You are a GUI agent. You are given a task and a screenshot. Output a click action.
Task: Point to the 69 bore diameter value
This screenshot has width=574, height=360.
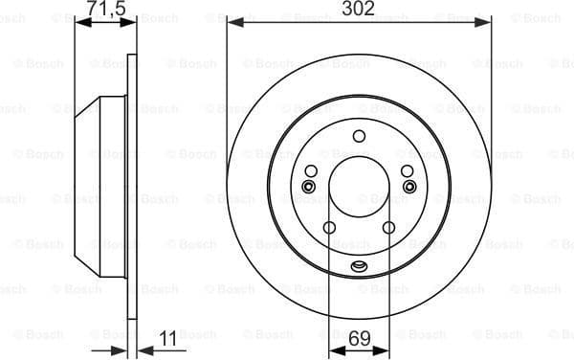click(360, 338)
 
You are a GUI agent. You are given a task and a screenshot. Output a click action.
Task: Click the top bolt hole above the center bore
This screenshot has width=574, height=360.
click(360, 136)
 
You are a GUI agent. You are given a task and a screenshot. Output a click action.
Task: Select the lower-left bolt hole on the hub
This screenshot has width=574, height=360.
click(329, 228)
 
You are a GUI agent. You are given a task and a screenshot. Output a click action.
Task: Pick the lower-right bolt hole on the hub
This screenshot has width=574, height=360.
click(389, 228)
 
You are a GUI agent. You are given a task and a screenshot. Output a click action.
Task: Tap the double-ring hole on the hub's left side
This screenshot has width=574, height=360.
click(309, 186)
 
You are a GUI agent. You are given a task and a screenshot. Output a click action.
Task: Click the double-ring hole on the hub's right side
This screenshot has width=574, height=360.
click(408, 186)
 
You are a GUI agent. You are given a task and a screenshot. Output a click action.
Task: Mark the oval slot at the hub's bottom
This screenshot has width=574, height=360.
click(360, 266)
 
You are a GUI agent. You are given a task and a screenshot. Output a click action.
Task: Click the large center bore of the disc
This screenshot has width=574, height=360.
click(360, 188)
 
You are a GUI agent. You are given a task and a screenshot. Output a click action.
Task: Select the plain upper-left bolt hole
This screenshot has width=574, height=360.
click(311, 170)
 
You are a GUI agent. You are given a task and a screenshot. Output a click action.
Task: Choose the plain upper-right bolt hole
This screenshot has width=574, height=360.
click(408, 170)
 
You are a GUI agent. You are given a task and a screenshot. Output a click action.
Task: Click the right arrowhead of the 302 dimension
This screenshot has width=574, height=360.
click(486, 22)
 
